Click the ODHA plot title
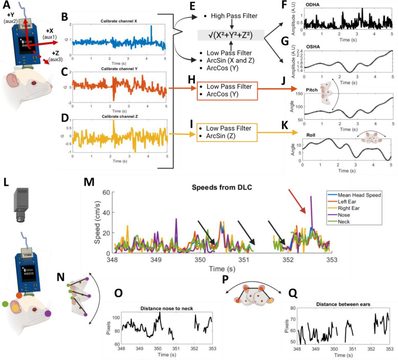[x=313, y=5]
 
